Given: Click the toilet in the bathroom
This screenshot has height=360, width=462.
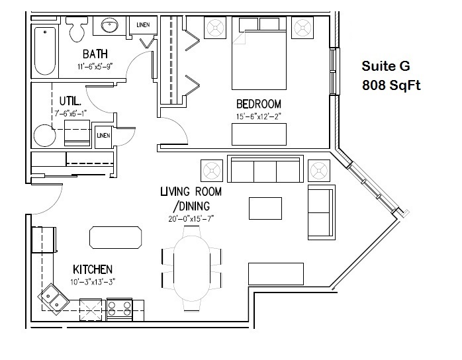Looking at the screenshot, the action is pyautogui.click(x=77, y=29).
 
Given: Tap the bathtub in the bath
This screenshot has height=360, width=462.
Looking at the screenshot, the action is pyautogui.click(x=45, y=51).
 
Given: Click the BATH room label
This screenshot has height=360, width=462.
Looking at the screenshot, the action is pyautogui.click(x=95, y=54).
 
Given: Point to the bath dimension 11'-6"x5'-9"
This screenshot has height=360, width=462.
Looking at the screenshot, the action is pyautogui.click(x=95, y=67).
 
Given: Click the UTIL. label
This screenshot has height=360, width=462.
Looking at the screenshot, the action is pyautogui.click(x=70, y=101).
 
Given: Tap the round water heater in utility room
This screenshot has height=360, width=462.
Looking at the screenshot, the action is pyautogui.click(x=45, y=136).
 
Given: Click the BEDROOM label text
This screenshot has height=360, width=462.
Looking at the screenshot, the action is pyautogui.click(x=259, y=104).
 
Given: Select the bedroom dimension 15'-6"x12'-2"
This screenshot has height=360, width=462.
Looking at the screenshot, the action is pyautogui.click(x=259, y=116).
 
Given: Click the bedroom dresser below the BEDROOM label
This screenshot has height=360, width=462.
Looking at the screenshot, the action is pyautogui.click(x=259, y=134).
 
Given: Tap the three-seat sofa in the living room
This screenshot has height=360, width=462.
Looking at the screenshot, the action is pyautogui.click(x=265, y=169).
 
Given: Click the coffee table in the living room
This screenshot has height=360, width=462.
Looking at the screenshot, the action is pyautogui.click(x=265, y=208).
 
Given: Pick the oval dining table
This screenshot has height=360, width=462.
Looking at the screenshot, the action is pyautogui.click(x=191, y=268).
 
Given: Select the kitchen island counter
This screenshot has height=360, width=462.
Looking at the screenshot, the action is pyautogui.click(x=115, y=238).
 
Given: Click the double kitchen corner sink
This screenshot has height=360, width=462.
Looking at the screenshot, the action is pyautogui.click(x=54, y=298).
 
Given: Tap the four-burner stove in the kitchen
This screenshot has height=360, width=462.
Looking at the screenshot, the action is pyautogui.click(x=119, y=309).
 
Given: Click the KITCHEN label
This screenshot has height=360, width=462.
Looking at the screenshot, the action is pyautogui.click(x=93, y=269).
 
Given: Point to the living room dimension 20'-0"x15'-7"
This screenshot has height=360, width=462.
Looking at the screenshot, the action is pyautogui.click(x=191, y=218).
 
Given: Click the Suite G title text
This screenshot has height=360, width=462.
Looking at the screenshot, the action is pyautogui.click(x=386, y=66).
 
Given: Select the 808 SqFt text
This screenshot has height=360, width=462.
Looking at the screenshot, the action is pyautogui.click(x=391, y=85).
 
